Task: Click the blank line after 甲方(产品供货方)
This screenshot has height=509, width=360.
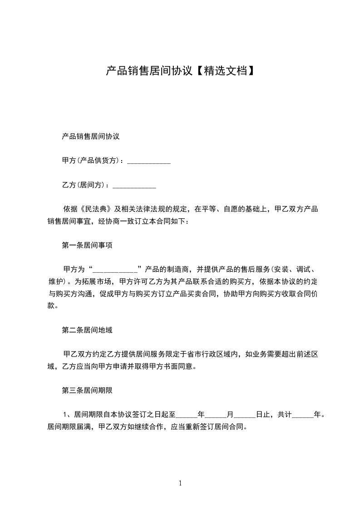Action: [148, 162]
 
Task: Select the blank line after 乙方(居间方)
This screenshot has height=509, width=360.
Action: [134, 186]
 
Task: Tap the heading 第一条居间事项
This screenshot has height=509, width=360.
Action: [87, 245]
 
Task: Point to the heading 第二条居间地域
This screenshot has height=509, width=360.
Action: [87, 330]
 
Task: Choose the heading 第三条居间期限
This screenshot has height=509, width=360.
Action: [87, 390]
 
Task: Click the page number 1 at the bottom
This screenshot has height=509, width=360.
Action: [180, 483]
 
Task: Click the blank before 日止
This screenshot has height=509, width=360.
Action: [245, 414]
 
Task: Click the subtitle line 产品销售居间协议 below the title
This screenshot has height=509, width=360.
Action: [90, 136]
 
